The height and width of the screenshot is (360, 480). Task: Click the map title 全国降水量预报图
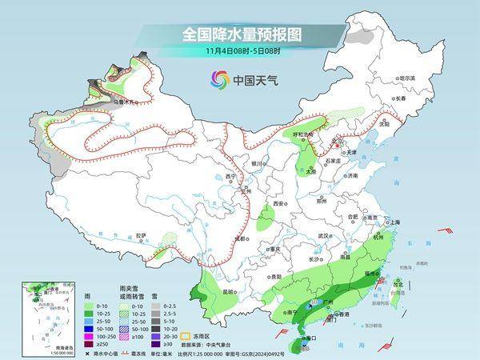coord(240,34)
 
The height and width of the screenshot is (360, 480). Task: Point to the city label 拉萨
coord(141,235)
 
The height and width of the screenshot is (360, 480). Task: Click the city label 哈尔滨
coord(407,78)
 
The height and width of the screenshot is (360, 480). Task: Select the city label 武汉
coord(323,235)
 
